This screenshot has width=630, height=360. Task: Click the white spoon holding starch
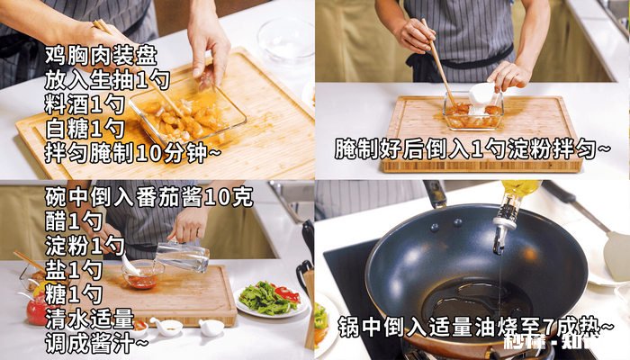click(x=481, y=94)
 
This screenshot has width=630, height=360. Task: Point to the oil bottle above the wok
click(x=515, y=207)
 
